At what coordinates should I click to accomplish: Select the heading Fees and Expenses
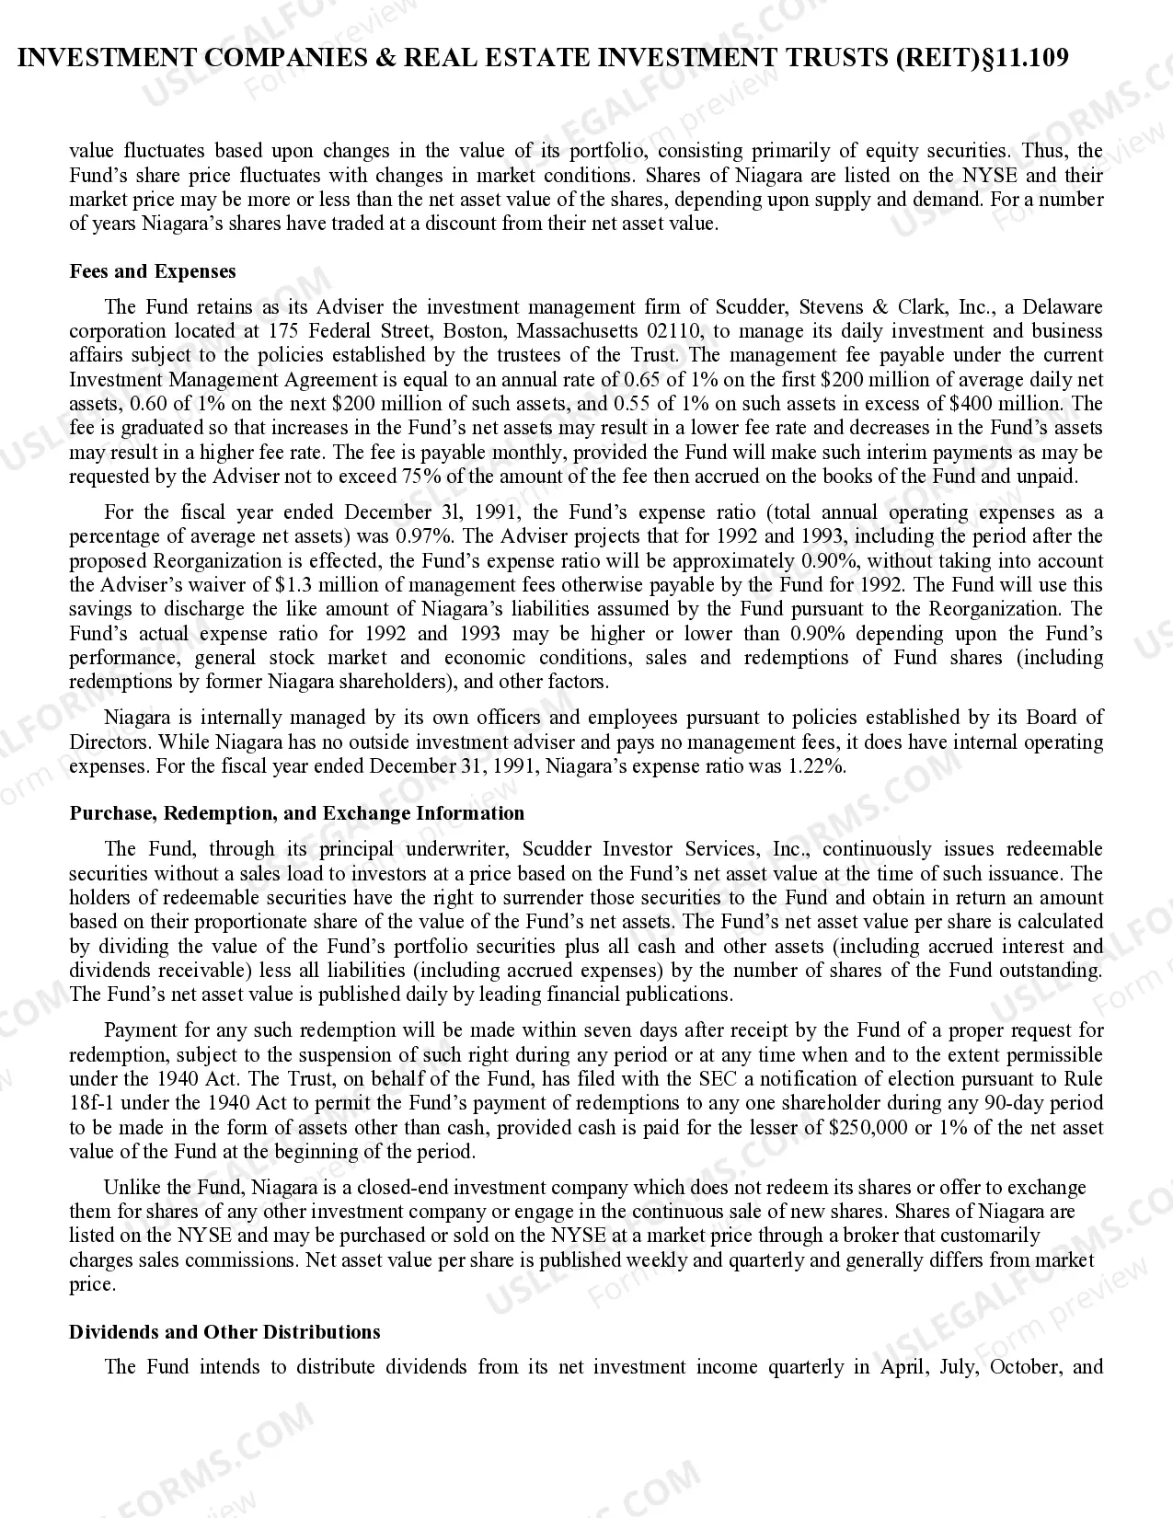point(153,271)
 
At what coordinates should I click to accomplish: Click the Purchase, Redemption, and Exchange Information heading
point(296,813)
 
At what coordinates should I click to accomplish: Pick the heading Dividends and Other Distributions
point(224,1332)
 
